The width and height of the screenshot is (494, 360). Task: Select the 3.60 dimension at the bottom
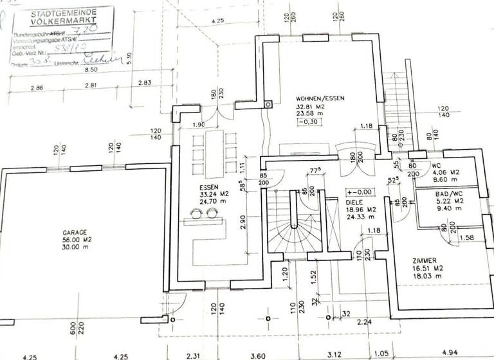click(x=258, y=354)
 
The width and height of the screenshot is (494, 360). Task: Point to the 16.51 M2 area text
click(x=428, y=269)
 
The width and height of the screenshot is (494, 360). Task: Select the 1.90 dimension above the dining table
click(x=198, y=124)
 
